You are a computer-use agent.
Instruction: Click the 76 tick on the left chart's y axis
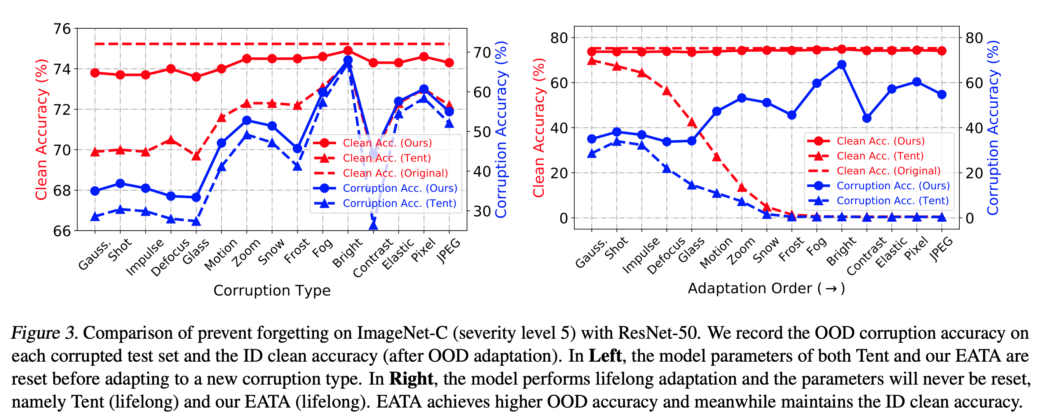(62, 29)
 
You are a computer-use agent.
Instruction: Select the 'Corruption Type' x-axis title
(272, 290)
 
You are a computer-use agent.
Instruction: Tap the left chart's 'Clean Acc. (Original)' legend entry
(395, 173)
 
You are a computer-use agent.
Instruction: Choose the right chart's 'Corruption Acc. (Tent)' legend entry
(893, 201)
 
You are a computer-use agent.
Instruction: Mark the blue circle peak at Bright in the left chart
(348, 61)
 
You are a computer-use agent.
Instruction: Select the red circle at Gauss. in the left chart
(95, 73)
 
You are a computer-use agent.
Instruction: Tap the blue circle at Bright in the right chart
(842, 65)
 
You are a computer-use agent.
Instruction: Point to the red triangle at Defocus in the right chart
(667, 91)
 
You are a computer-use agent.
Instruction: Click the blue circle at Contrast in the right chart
(866, 118)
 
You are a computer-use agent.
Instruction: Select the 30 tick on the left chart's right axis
(482, 212)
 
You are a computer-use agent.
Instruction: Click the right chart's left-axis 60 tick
(559, 82)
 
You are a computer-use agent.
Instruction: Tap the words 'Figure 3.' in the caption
(44, 333)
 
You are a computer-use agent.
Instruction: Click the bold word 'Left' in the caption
(605, 356)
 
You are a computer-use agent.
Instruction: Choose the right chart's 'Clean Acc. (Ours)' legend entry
(880, 141)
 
